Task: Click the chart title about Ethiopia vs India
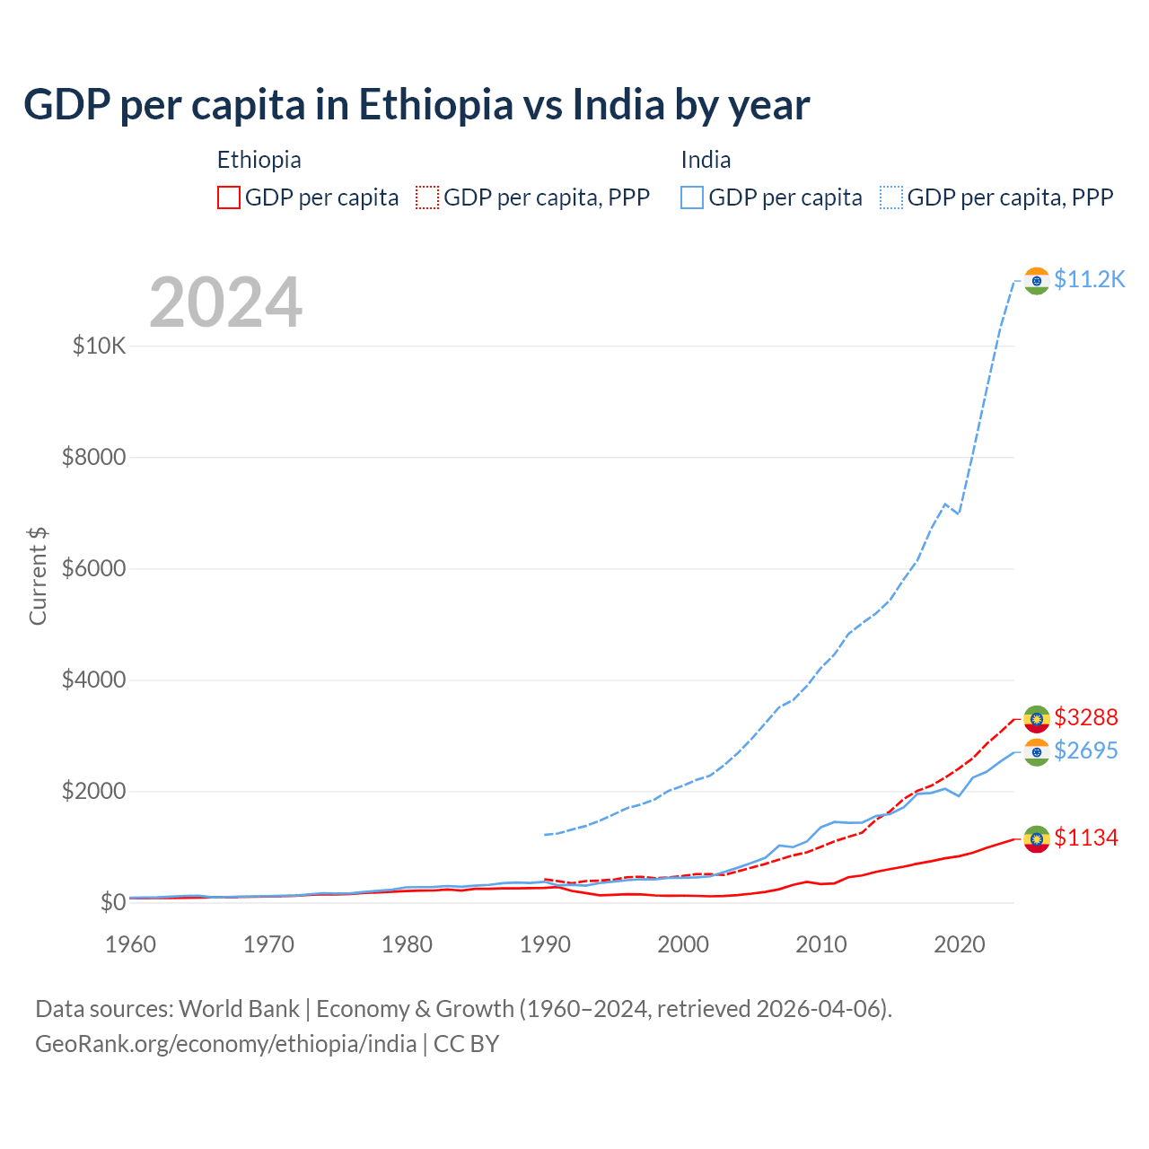pyautogui.click(x=417, y=105)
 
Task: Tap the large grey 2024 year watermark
pyautogui.click(x=225, y=303)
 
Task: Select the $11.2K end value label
pyautogui.click(x=1089, y=279)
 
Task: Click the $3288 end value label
pyautogui.click(x=1085, y=717)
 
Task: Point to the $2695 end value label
pyautogui.click(x=1085, y=750)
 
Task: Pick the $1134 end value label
pyautogui.click(x=1085, y=838)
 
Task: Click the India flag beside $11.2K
pyautogui.click(x=1037, y=281)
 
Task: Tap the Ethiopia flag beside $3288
pyautogui.click(x=1037, y=719)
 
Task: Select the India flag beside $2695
pyautogui.click(x=1037, y=752)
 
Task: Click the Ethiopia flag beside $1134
pyautogui.click(x=1037, y=839)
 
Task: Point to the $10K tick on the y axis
pyautogui.click(x=99, y=346)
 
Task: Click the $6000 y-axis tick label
pyautogui.click(x=93, y=569)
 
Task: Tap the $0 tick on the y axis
pyautogui.click(x=112, y=902)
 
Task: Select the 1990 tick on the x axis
pyautogui.click(x=545, y=944)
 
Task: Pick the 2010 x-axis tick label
pyautogui.click(x=821, y=944)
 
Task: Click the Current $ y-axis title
pyautogui.click(x=38, y=575)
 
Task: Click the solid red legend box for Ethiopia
pyautogui.click(x=229, y=197)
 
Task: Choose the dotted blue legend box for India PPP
pyautogui.click(x=891, y=197)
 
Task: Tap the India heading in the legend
pyautogui.click(x=706, y=160)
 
